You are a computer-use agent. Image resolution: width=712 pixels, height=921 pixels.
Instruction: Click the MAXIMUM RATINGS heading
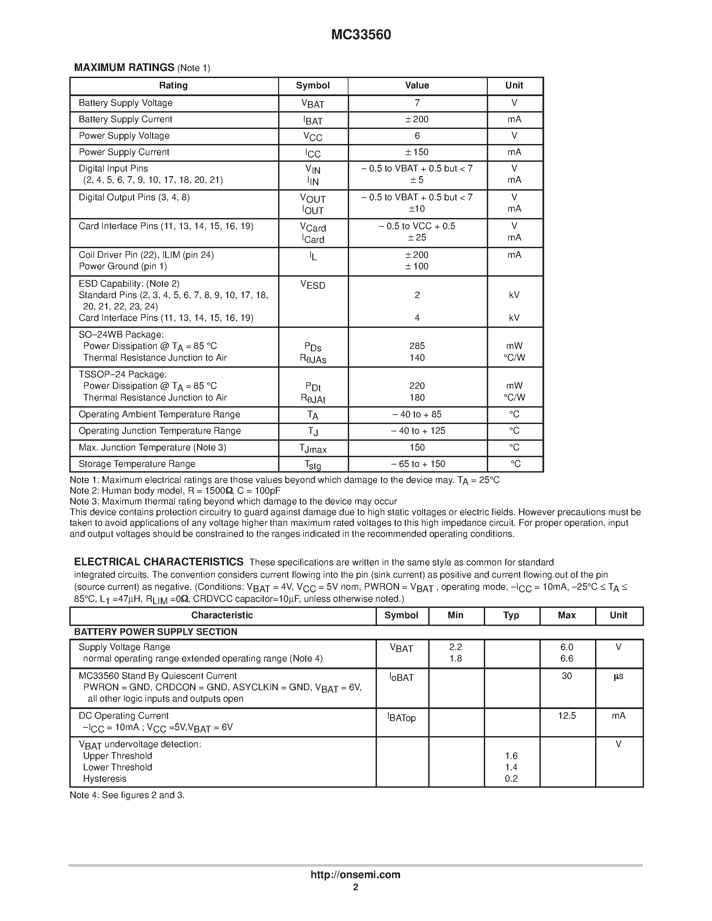click(124, 67)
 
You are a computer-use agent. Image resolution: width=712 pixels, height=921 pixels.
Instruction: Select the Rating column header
click(173, 86)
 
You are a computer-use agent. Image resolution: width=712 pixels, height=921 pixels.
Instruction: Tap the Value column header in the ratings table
click(417, 86)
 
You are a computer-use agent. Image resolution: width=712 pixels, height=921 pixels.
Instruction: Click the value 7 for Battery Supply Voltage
click(417, 103)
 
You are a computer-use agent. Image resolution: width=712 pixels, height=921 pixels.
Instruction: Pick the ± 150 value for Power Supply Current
click(417, 152)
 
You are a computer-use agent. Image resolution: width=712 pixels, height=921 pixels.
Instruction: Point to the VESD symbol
click(313, 285)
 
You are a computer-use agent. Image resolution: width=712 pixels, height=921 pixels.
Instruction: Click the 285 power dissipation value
click(417, 346)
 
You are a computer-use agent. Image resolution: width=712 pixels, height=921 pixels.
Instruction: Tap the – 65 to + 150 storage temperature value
click(417, 464)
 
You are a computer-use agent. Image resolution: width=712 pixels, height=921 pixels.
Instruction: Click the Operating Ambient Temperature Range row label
click(159, 415)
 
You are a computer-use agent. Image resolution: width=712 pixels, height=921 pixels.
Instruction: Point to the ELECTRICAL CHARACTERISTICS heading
click(158, 562)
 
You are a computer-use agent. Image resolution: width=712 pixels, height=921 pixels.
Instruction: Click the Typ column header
click(511, 615)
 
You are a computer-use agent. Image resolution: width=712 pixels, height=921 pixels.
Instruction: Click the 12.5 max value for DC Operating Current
click(567, 716)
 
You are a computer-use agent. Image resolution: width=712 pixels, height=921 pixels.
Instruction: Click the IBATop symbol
click(401, 717)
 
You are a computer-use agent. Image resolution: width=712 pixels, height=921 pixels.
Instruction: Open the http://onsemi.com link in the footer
click(355, 874)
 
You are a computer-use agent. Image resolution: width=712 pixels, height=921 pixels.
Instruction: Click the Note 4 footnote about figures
click(127, 795)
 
